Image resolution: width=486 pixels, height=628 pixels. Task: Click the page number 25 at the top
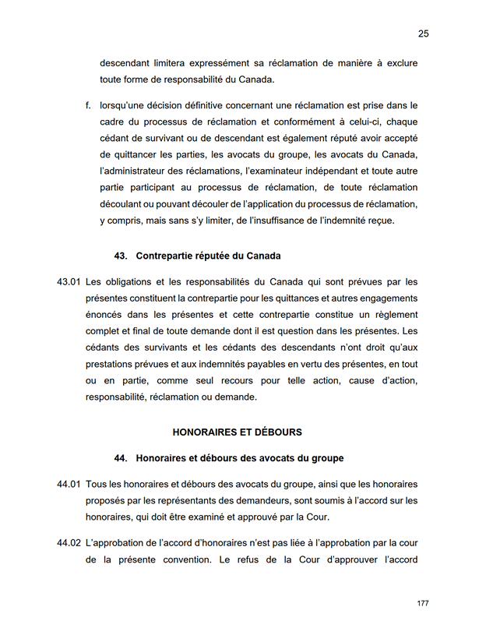pos(423,34)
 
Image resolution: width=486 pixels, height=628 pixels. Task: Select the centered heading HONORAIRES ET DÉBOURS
pos(237,432)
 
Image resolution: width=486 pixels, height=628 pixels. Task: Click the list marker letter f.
pos(88,104)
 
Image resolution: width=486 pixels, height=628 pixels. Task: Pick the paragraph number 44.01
pos(69,484)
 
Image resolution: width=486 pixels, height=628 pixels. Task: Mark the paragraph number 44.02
pos(69,542)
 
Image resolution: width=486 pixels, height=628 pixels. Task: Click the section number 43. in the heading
pos(121,256)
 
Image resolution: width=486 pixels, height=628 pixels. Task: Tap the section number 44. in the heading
pos(121,458)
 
